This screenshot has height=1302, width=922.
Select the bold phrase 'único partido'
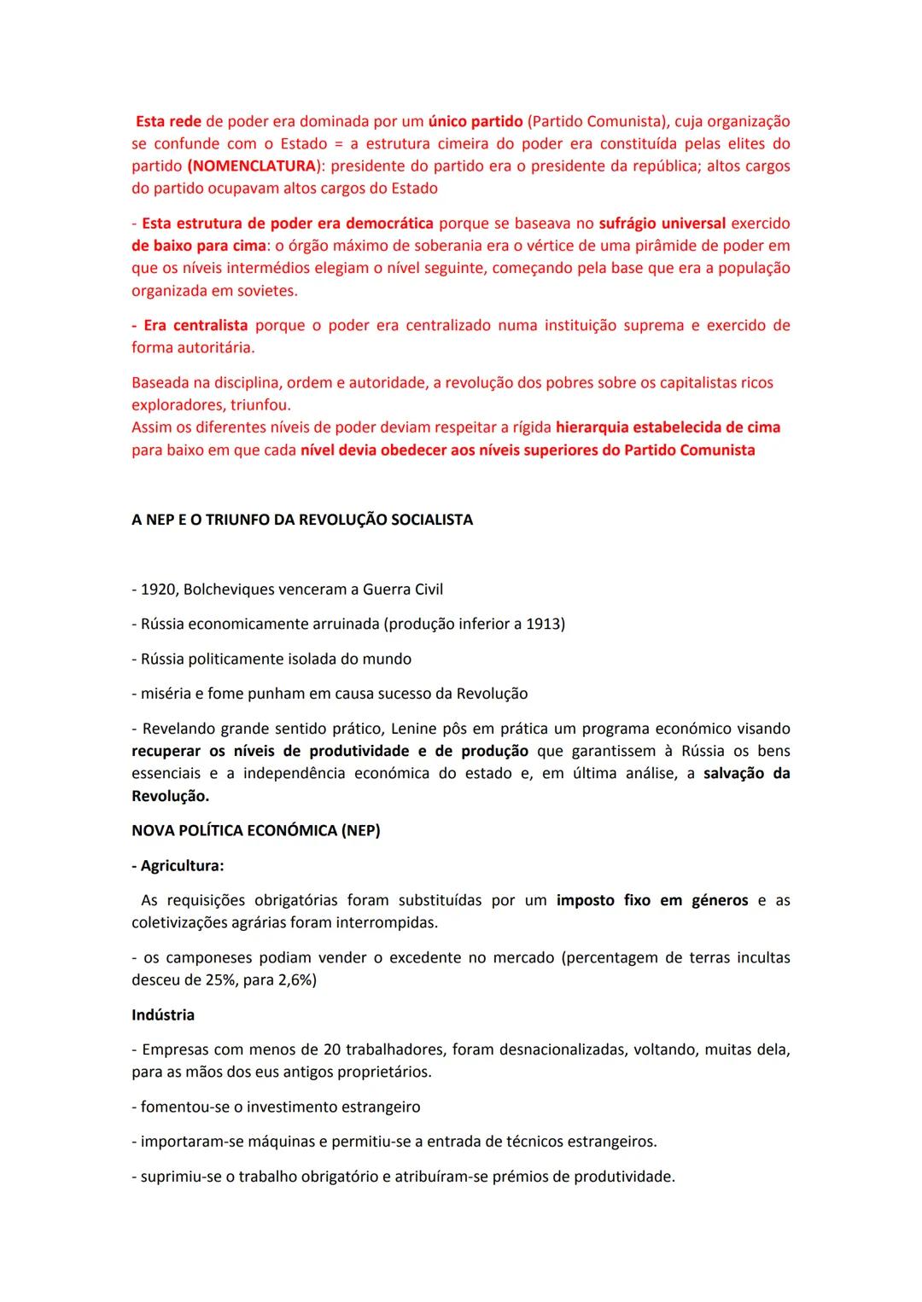[476, 121]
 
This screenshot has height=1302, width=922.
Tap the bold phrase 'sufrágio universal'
[662, 223]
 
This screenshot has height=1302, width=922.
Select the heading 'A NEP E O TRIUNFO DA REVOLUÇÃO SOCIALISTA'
[302, 520]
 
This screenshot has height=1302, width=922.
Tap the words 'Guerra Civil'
[403, 590]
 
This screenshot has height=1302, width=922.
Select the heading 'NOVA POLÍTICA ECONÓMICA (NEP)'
[256, 830]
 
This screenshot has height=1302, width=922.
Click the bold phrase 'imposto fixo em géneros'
[652, 900]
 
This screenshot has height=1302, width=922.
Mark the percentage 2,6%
[295, 979]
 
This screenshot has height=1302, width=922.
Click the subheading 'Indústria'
[163, 1014]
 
